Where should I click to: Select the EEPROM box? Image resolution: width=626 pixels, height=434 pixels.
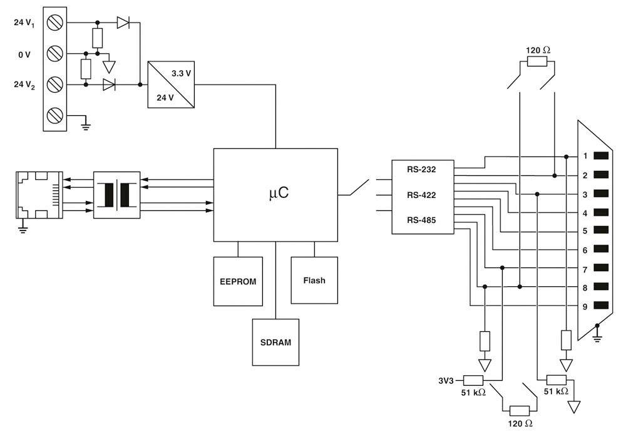coord(238,281)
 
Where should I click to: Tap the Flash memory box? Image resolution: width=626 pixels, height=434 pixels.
coord(314,280)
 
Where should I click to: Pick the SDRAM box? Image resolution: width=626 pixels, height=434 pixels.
coord(275,343)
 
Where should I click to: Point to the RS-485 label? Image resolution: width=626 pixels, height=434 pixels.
coord(421,220)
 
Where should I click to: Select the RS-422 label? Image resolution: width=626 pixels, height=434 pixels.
coord(421,195)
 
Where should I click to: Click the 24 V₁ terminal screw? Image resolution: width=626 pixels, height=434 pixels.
coord(55,23)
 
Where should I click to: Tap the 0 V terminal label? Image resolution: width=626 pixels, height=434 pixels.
coord(24,54)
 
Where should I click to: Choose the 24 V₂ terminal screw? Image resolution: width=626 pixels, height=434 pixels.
coord(55,83)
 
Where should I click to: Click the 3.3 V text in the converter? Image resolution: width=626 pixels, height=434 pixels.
coord(182,73)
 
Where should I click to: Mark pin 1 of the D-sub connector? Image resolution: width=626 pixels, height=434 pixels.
coord(601,155)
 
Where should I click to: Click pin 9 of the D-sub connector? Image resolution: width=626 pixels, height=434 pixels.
coord(601,306)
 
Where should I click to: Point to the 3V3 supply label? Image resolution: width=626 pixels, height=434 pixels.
coord(448,380)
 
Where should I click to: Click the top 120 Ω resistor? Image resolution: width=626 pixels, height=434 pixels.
coord(537,61)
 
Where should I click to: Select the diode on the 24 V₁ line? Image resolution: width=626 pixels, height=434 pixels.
coord(123,23)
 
